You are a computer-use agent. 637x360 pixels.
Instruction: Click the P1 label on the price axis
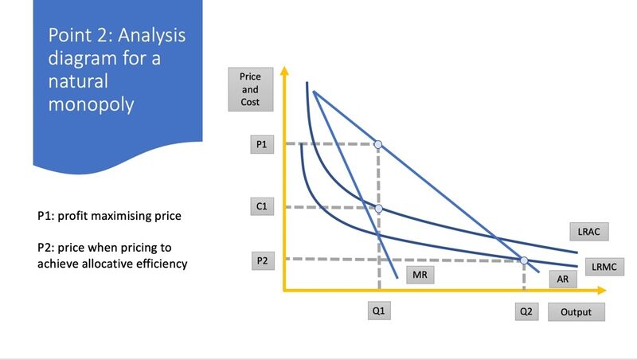[x=262, y=144]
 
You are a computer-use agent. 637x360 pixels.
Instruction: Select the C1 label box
[x=262, y=206]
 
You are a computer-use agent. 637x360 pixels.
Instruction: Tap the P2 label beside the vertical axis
[x=263, y=260]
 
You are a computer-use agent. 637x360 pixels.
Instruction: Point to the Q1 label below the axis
[x=379, y=311]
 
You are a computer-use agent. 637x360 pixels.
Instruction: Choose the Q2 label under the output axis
[x=526, y=311]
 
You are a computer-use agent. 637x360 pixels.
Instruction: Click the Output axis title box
[x=576, y=312]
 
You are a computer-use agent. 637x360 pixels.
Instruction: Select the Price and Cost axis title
[x=250, y=89]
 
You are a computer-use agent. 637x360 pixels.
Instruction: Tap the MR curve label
[x=420, y=275]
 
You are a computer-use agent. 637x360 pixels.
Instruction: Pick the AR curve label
[x=563, y=279]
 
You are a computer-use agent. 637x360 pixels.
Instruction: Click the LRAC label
[x=589, y=232]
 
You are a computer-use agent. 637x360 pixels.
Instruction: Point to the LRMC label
[x=604, y=267]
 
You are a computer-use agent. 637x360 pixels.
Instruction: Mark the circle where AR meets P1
[x=378, y=144]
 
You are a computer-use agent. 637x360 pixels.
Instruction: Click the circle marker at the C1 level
[x=379, y=209]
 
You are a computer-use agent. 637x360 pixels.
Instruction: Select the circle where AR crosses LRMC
[x=524, y=260]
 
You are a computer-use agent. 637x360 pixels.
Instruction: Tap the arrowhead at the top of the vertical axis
[x=284, y=71]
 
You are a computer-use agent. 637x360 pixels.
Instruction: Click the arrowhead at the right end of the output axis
[x=602, y=290]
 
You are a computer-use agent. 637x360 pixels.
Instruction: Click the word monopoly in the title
[x=91, y=104]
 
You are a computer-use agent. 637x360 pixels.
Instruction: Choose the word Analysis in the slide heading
[x=152, y=35]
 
